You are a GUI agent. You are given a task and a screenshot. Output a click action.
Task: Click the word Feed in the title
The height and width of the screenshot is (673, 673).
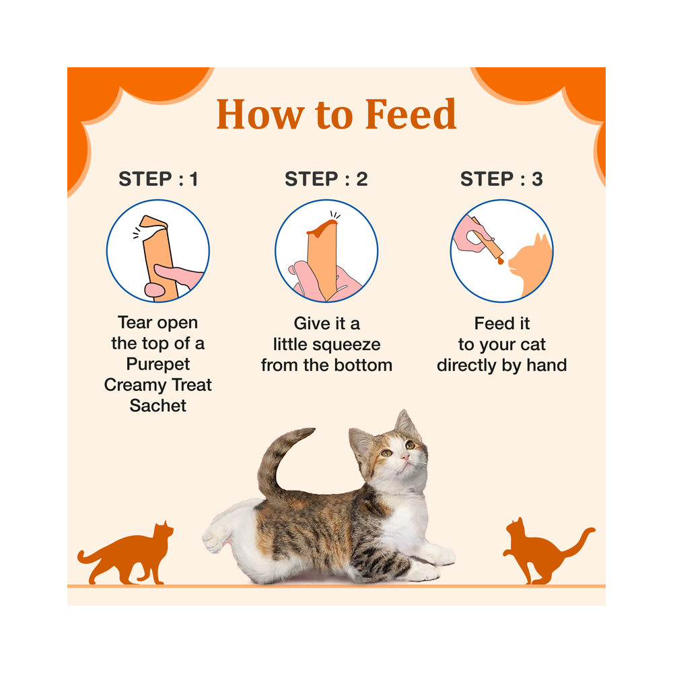click(411, 114)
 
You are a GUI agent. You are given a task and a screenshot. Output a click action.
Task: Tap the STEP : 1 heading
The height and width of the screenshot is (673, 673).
click(158, 179)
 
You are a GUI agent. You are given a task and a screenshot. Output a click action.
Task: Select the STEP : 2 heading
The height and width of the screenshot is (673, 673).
click(326, 179)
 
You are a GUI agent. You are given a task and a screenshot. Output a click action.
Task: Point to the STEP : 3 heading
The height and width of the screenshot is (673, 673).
click(501, 179)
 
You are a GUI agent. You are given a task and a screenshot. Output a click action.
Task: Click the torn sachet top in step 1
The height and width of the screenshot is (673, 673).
click(153, 225)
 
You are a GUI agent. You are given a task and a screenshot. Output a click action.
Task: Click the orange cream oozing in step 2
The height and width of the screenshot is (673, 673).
click(322, 227)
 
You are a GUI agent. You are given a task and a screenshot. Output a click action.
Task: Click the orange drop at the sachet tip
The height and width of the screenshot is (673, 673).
click(501, 260)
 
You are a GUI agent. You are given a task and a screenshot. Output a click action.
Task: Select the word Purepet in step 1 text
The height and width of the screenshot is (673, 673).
click(158, 364)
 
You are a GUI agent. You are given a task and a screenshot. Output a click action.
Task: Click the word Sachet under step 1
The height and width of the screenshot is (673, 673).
click(158, 406)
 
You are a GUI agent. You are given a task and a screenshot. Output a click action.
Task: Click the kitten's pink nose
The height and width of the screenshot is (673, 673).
click(404, 457)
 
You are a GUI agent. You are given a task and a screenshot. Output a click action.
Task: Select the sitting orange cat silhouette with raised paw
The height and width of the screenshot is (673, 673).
click(545, 552)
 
